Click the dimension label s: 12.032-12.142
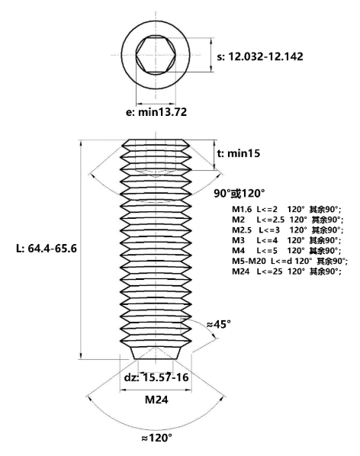coord(260,56)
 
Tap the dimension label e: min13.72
coord(156,112)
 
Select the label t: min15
coord(239,153)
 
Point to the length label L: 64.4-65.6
coord(47,249)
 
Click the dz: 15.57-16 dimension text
coord(156,377)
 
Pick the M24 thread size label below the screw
coord(156,400)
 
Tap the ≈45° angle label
coord(219,324)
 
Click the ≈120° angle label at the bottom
coord(156,438)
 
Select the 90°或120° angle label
coord(239,193)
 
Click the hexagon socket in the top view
coord(156,55)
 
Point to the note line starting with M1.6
coord(287,210)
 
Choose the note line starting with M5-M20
coord(290,261)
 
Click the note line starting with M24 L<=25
coord(287,271)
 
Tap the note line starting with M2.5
coord(288,230)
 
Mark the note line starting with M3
coord(287,240)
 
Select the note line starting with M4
coord(287,250)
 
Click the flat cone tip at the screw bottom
coord(156,353)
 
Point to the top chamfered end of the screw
coord(156,143)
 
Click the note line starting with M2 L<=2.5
coord(288,220)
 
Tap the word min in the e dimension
coord(148,112)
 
